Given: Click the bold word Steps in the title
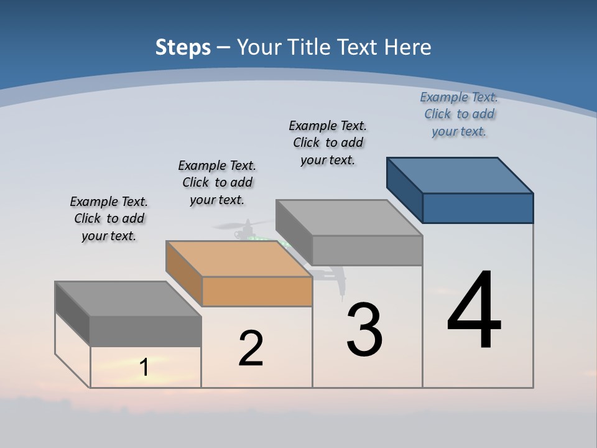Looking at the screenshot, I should point(183,47).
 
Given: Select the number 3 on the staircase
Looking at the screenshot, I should point(364,330).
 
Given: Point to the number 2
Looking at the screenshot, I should point(251,348).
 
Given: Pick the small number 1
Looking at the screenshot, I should point(144,367).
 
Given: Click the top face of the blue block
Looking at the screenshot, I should point(460,175).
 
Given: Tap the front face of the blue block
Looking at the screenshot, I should point(478,208).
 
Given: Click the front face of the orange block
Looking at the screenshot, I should point(257,291).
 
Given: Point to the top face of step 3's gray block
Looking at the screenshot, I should point(349,218).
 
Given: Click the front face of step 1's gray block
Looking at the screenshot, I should point(146,330).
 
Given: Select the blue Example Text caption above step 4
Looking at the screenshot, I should point(459,114).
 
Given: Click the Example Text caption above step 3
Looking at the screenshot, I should point(328,142).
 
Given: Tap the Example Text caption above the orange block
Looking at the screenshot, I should point(217,182).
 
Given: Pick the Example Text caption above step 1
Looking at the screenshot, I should point(109,218).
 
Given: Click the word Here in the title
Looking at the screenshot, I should point(408,47).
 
